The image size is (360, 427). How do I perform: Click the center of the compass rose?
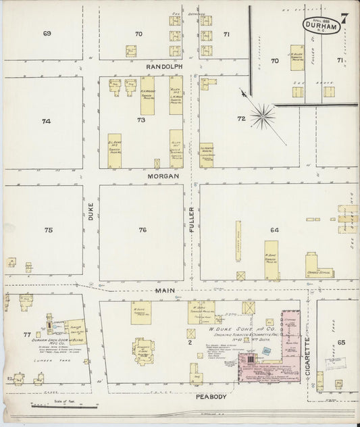point(262,114)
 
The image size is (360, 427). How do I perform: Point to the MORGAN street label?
point(164,176)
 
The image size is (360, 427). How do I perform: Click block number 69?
point(47,34)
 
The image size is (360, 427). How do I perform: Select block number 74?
point(46,122)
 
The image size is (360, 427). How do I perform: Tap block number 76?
point(143,230)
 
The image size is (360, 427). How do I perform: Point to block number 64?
point(274,230)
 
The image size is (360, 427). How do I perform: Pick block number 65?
point(341,344)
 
